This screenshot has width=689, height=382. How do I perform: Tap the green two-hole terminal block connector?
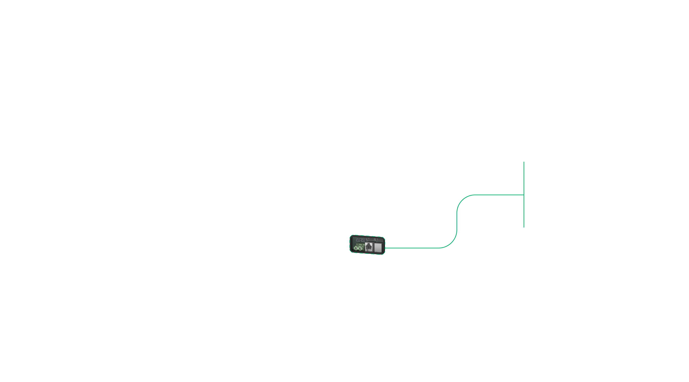coord(358,247)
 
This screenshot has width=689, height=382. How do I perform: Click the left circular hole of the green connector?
coord(356,249)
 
